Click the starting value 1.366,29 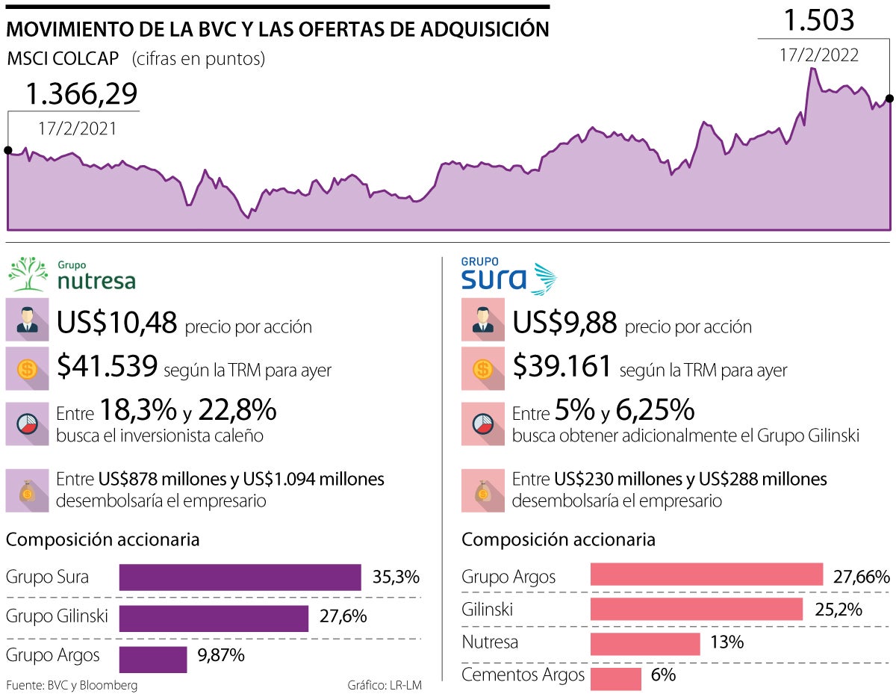coord(81,94)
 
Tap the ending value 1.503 coord(818,21)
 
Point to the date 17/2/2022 coord(819,55)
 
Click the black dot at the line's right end coord(889,98)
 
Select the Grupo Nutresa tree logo coord(28,274)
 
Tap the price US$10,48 coord(117,322)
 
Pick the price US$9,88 coord(564,322)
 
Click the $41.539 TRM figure coord(107,365)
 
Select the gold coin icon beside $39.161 coord(482,368)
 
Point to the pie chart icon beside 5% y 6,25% coord(482,424)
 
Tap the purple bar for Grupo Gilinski coord(214,618)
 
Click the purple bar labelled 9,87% coord(153,659)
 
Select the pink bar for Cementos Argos coord(615,678)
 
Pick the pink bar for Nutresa coord(645,643)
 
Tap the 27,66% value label coord(862,576)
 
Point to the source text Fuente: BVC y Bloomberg coord(72,685)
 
